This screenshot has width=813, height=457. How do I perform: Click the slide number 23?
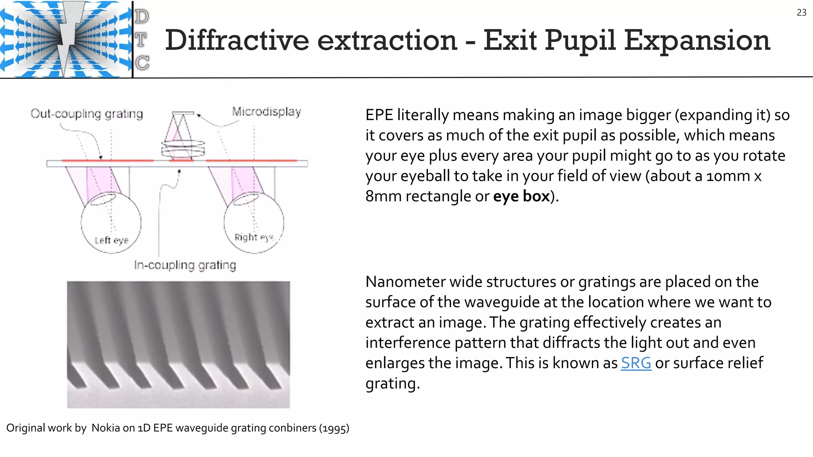(801, 13)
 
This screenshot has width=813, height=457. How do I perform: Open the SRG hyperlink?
(636, 363)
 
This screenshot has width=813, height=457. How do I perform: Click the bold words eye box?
(521, 196)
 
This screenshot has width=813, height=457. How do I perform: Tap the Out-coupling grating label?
(87, 114)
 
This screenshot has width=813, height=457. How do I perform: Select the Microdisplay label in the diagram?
(266, 112)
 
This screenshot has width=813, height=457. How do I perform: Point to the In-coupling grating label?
(185, 265)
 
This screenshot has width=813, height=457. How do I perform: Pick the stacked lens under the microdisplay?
(183, 148)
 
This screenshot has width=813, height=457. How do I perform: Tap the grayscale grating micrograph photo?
(178, 344)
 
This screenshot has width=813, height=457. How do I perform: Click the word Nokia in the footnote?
(106, 428)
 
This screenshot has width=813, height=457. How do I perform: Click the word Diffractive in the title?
(237, 40)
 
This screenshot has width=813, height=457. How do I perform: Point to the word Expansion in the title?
(697, 40)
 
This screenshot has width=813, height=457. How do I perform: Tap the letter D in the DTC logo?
(142, 17)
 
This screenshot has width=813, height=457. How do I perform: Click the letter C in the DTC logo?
(142, 63)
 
